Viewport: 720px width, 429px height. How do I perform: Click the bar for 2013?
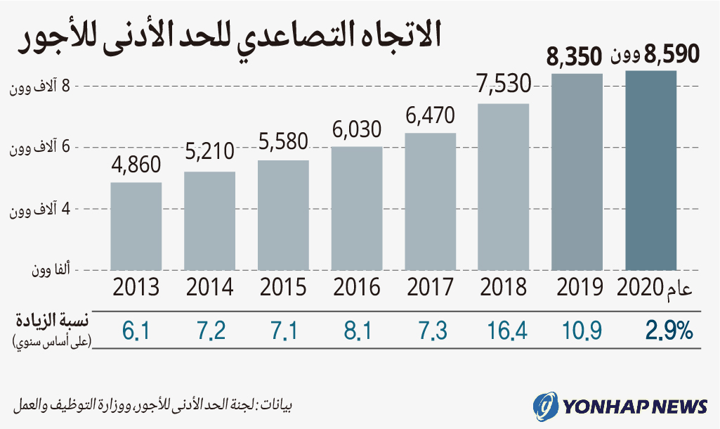tap(136, 226)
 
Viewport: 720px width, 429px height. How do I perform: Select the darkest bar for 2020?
tap(651, 170)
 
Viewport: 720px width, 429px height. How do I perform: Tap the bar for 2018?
tap(503, 186)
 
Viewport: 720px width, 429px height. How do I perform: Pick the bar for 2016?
tap(357, 208)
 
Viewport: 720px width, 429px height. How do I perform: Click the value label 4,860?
tap(136, 165)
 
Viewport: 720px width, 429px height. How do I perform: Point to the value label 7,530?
tap(503, 86)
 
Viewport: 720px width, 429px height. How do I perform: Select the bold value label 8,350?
tap(575, 57)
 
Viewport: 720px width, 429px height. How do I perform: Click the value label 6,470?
tap(431, 115)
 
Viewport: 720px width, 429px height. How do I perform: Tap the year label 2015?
tap(283, 287)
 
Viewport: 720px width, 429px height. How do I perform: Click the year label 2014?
tap(209, 287)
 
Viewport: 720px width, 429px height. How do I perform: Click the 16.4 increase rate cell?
tap(504, 329)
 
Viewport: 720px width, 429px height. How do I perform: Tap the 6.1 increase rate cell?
tap(136, 329)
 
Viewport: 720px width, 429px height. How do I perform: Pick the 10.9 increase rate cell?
tap(578, 329)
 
